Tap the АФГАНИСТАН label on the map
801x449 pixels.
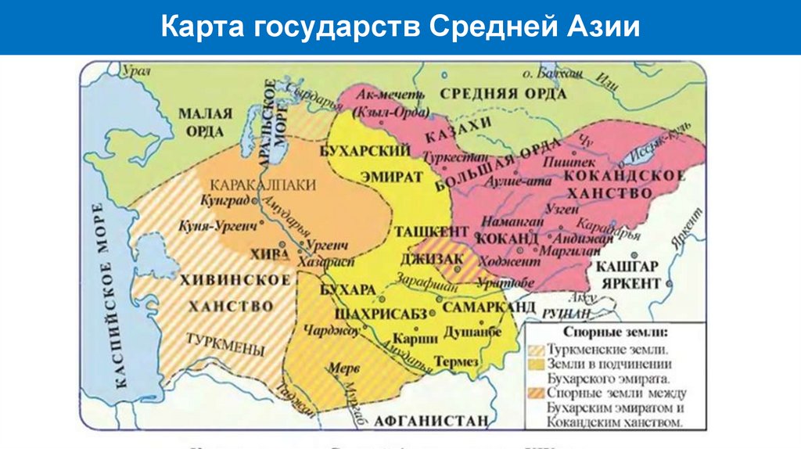click(x=426, y=420)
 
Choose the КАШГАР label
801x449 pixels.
click(x=626, y=267)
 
